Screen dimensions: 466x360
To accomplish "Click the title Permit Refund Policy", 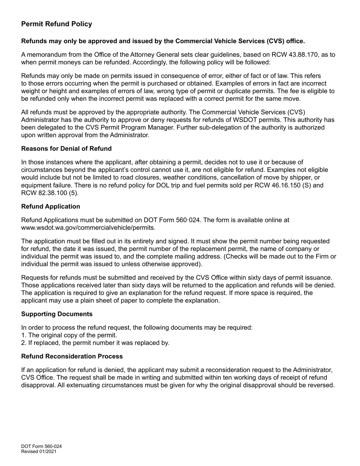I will click(x=56, y=24).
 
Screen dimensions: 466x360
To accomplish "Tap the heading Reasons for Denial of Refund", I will click(x=66, y=148).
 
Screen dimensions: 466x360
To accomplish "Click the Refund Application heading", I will click(x=50, y=206).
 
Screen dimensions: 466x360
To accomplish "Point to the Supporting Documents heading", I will click(x=57, y=314).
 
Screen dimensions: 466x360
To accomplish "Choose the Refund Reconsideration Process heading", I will click(x=72, y=356).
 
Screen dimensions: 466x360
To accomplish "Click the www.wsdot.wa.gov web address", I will click(x=88, y=228).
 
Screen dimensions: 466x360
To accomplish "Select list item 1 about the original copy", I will click(x=69, y=335).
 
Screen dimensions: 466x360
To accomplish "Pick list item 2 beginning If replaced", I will click(x=95, y=343).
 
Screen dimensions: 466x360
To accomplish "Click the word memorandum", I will click(x=45, y=55).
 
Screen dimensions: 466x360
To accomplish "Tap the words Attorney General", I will click(x=154, y=55).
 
